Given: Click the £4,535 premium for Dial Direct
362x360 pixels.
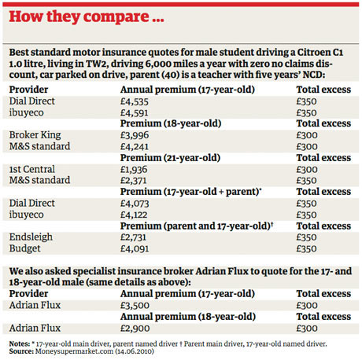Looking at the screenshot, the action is [x=135, y=101].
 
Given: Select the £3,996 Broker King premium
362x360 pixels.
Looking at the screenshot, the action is [x=135, y=135].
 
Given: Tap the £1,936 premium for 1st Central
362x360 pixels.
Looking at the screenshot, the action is [x=134, y=170].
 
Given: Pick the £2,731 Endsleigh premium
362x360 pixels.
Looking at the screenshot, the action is [x=133, y=237].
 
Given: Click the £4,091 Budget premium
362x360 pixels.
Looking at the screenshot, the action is [x=135, y=248].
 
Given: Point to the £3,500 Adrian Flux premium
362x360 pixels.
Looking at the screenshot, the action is [x=135, y=306].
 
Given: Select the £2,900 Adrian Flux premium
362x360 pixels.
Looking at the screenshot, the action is [x=135, y=329].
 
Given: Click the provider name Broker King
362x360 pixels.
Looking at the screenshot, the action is [x=35, y=135].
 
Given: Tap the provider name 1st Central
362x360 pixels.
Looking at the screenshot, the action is [x=32, y=169].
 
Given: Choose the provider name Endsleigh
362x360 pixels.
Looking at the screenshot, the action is [x=31, y=237].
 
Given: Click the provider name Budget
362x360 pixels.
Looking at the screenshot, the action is [x=25, y=248].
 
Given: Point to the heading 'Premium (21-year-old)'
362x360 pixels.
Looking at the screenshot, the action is [x=170, y=158].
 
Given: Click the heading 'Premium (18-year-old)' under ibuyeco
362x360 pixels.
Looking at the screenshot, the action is [x=171, y=123].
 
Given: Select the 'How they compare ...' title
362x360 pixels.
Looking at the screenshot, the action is [x=87, y=17].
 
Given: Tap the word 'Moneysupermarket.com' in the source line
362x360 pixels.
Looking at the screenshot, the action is [x=74, y=351].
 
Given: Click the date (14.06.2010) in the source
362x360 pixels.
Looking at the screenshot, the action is [x=135, y=351].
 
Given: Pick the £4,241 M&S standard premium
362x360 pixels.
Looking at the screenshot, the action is [x=135, y=146].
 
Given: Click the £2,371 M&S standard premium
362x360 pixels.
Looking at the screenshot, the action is [x=134, y=181].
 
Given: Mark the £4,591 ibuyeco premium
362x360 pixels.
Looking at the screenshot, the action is [x=135, y=113].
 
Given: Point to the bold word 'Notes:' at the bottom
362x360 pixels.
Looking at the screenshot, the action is [x=20, y=343].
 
